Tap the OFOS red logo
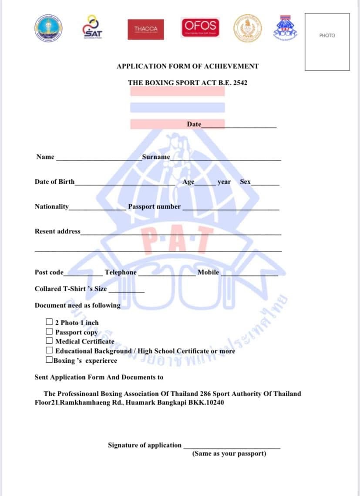[x=201, y=27]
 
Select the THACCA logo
[x=145, y=29]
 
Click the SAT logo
[x=92, y=27]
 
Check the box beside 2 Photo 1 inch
[x=50, y=322]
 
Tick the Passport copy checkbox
[x=50, y=332]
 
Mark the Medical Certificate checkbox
[x=50, y=341]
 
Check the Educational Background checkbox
[x=50, y=351]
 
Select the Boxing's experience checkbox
[x=50, y=360]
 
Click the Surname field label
[x=156, y=157]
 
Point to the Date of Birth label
[x=54, y=182]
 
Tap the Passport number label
[x=154, y=206]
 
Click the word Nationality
[x=52, y=206]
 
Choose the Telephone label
[x=121, y=272]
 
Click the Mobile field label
[x=208, y=272]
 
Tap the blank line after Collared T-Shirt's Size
[x=126, y=291]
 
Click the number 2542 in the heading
[x=240, y=82]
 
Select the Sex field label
[x=245, y=182]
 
